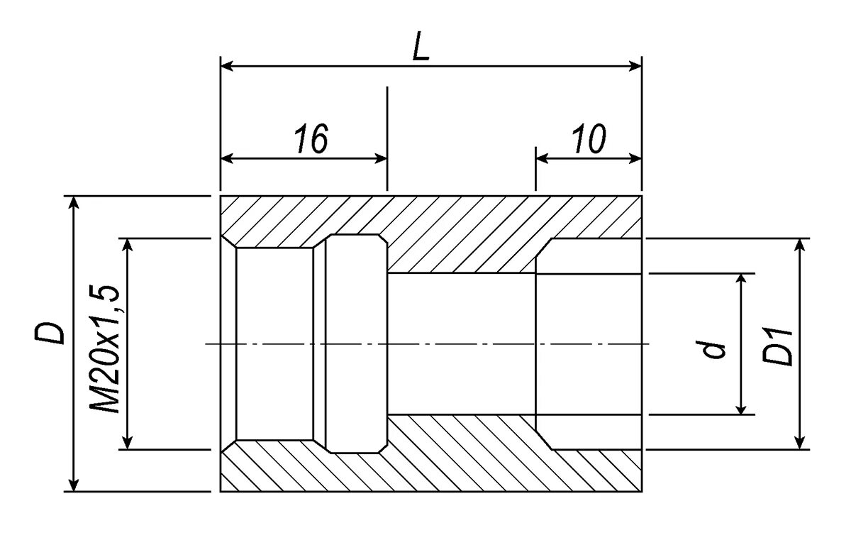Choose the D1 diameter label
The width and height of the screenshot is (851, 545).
pyautogui.click(x=778, y=346)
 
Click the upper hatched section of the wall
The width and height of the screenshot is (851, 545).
pyautogui.click(x=454, y=227)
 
